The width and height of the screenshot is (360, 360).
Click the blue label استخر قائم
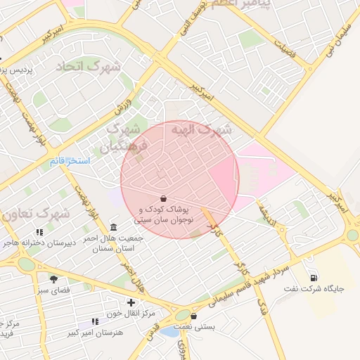(x=69, y=161)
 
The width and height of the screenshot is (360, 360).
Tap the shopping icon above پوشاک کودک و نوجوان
(x=163, y=198)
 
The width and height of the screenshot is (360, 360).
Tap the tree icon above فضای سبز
(x=53, y=279)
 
